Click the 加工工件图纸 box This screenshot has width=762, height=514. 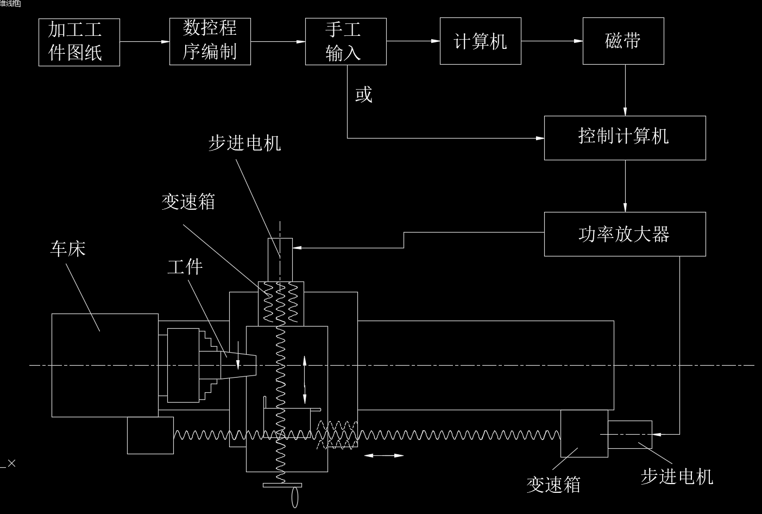tap(79, 42)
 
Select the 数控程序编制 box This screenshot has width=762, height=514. tap(210, 41)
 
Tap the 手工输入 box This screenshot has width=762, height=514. tap(345, 41)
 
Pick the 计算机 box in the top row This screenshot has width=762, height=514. tap(480, 41)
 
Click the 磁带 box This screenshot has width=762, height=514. tap(623, 41)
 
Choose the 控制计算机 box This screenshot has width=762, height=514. tap(625, 137)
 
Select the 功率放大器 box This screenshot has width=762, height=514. tap(625, 234)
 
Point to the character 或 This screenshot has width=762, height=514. tap(363, 95)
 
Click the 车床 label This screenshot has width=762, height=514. tap(68, 249)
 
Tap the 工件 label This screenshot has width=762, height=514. tap(185, 267)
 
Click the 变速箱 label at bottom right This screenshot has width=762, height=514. tap(553, 484)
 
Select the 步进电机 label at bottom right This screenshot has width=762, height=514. tap(677, 477)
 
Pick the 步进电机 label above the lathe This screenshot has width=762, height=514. tap(245, 143)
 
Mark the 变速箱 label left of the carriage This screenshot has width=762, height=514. tap(188, 202)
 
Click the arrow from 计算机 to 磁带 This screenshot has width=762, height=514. tap(552, 41)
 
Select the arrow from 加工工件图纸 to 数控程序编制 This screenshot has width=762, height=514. tap(144, 41)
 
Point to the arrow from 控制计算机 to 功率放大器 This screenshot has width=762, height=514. tap(625, 186)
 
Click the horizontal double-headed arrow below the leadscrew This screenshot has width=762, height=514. tap(383, 455)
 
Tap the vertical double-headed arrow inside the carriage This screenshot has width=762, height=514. tap(304, 379)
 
